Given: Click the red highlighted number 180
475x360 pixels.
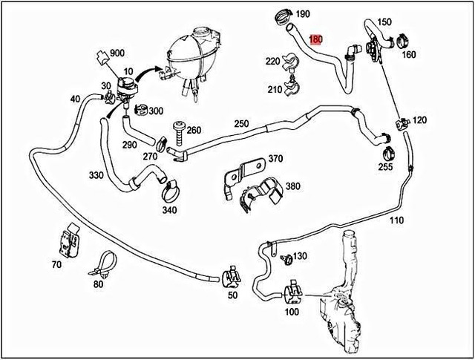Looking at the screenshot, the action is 315,39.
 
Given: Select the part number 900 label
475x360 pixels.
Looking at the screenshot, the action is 117,53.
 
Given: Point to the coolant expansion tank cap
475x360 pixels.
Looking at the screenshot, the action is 202,30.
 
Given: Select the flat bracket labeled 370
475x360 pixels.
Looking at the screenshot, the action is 244,175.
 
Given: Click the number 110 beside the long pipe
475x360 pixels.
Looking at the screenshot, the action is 396,220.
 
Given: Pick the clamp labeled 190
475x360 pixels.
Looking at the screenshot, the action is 284,16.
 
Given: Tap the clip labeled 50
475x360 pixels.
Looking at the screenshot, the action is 232,276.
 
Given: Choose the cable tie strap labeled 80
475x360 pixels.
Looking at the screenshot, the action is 104,264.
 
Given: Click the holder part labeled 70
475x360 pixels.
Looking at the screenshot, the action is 70,241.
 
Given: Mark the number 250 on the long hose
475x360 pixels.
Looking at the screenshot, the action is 241,124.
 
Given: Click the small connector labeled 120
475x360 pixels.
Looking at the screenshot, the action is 402,123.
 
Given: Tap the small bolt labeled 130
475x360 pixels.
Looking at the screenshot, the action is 287,259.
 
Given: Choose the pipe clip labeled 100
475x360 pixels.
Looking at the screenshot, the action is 293,292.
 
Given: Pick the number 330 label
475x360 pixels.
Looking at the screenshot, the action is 96,175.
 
